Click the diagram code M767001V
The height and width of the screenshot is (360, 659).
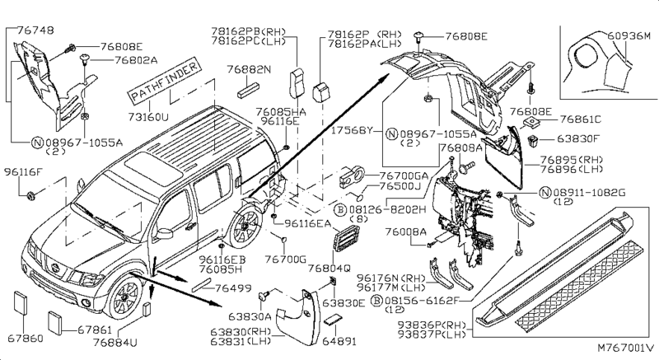click(624, 349)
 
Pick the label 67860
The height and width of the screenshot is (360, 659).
click(26, 338)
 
